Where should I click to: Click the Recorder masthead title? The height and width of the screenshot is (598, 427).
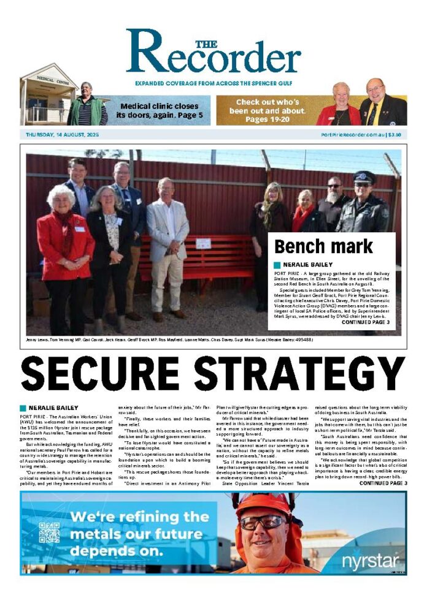tap(213, 54)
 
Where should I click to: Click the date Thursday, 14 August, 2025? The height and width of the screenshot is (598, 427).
tap(62, 134)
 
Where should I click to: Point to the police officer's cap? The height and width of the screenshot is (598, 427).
tap(364, 176)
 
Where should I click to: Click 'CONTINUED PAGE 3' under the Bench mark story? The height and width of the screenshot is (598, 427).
tap(365, 322)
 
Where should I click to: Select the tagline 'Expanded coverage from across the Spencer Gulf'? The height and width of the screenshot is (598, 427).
tap(213, 83)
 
